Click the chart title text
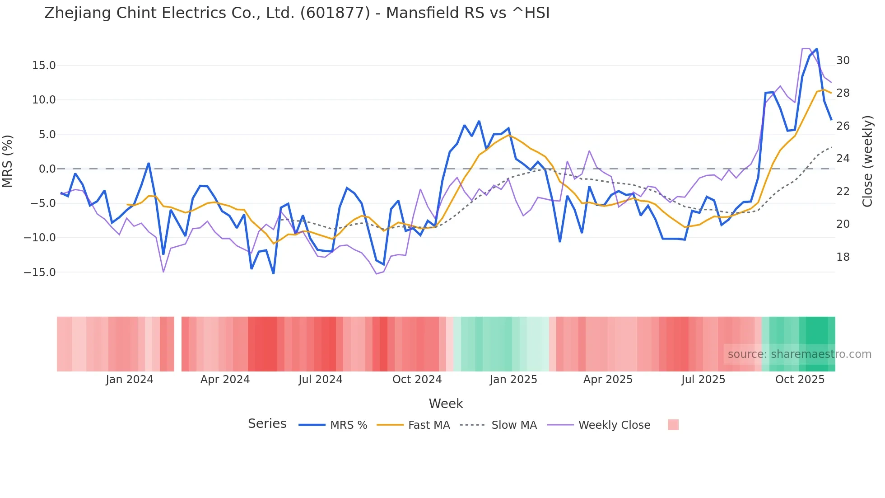coord(297,13)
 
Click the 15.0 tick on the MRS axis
coord(44,66)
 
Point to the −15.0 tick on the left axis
coord(40,272)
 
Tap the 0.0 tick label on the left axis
coord(47,169)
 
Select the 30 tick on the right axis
coord(843,61)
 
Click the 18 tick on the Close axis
coord(843,257)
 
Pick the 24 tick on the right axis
coord(843,159)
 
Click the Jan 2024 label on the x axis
coord(130,380)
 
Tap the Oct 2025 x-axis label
coord(800,380)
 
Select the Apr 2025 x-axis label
coord(608,380)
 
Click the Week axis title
coord(446,404)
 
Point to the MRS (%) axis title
coord(8,161)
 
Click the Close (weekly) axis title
coord(867,161)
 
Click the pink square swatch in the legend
coord(673,425)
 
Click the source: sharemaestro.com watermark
coord(799,354)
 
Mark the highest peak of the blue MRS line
coord(817,49)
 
